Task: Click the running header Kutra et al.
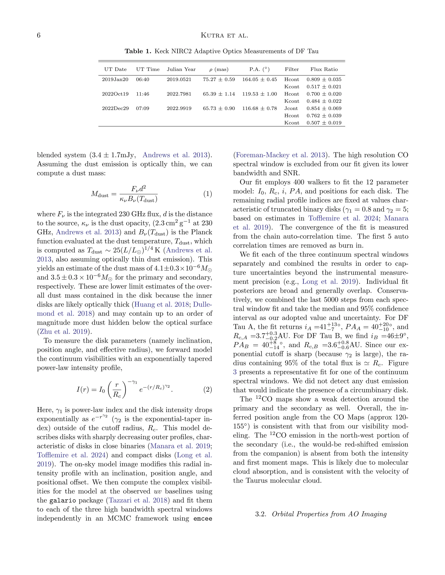pyautogui.click(x=224, y=35)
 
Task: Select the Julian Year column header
pyautogui.click(x=181, y=69)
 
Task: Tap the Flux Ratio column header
pyautogui.click(x=324, y=69)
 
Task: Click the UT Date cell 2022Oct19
pyautogui.click(x=115, y=94)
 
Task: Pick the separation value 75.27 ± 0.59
pyautogui.click(x=219, y=79)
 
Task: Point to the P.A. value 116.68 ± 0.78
pyautogui.click(x=259, y=108)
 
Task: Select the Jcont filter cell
pyautogui.click(x=291, y=108)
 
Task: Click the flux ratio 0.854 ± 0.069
pyautogui.click(x=324, y=108)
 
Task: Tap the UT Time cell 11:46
pyautogui.click(x=142, y=94)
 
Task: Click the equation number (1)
pyautogui.click(x=208, y=194)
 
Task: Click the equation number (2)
pyautogui.click(x=208, y=389)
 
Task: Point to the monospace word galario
pyautogui.click(x=63, y=501)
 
